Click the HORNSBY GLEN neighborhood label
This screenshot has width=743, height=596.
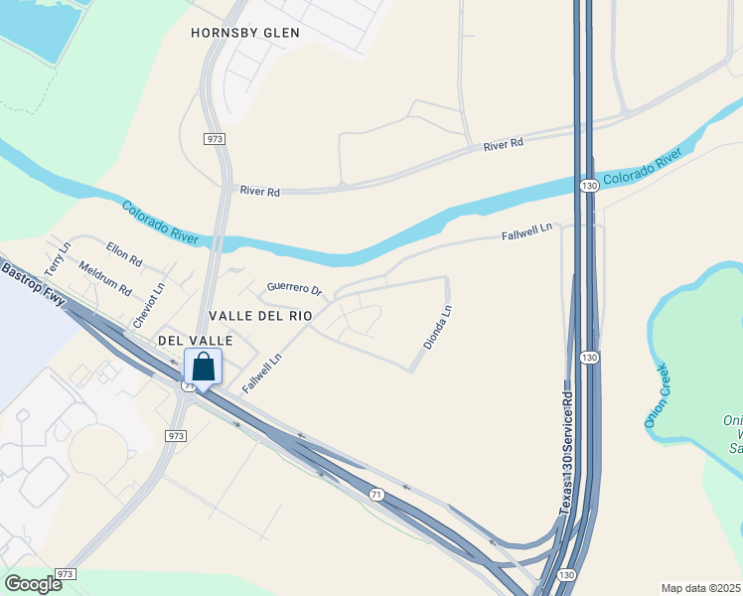(x=245, y=33)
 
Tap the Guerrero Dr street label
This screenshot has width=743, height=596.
(x=295, y=289)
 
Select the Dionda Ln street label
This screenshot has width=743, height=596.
(x=438, y=326)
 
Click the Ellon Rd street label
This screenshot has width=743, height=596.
(x=125, y=254)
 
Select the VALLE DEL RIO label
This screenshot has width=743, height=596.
(x=260, y=315)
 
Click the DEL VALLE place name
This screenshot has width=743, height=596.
(x=196, y=341)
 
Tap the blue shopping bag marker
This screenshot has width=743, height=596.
(x=203, y=369)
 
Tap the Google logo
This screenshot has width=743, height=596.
(x=33, y=583)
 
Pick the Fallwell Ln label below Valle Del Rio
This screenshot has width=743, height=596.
(x=262, y=368)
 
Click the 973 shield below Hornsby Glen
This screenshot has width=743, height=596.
(x=215, y=139)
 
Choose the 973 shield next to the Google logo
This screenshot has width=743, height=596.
(x=66, y=575)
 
